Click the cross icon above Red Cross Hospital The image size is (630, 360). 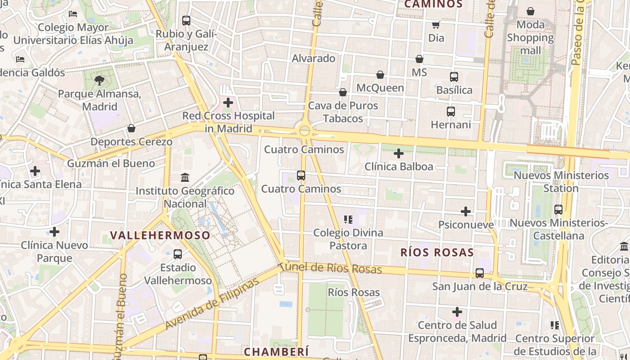coord(228,103)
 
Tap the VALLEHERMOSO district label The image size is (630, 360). coord(160,235)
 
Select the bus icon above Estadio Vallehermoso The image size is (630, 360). coord(178,254)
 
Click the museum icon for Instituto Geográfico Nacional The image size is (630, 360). coord(185,177)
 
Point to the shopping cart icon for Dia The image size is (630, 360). coord(436,25)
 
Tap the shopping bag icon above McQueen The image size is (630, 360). coord(380,75)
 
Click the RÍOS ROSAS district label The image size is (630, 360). coord(437,252)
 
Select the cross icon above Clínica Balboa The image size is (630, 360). coord(398,153)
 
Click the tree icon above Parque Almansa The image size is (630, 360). coord(99,81)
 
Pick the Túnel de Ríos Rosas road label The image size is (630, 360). coord(330,268)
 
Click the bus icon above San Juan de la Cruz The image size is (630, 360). coord(480,273)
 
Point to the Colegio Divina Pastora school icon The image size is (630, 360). coord(348,220)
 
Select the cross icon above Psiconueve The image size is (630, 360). coord(466,211)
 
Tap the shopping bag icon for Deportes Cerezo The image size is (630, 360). coord(131,129)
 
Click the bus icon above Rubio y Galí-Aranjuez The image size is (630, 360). coord(186,21)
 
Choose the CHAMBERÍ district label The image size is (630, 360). coord(276,351)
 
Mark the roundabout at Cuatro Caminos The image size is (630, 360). coord(305,130)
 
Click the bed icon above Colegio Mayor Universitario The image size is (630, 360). coord(73,14)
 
